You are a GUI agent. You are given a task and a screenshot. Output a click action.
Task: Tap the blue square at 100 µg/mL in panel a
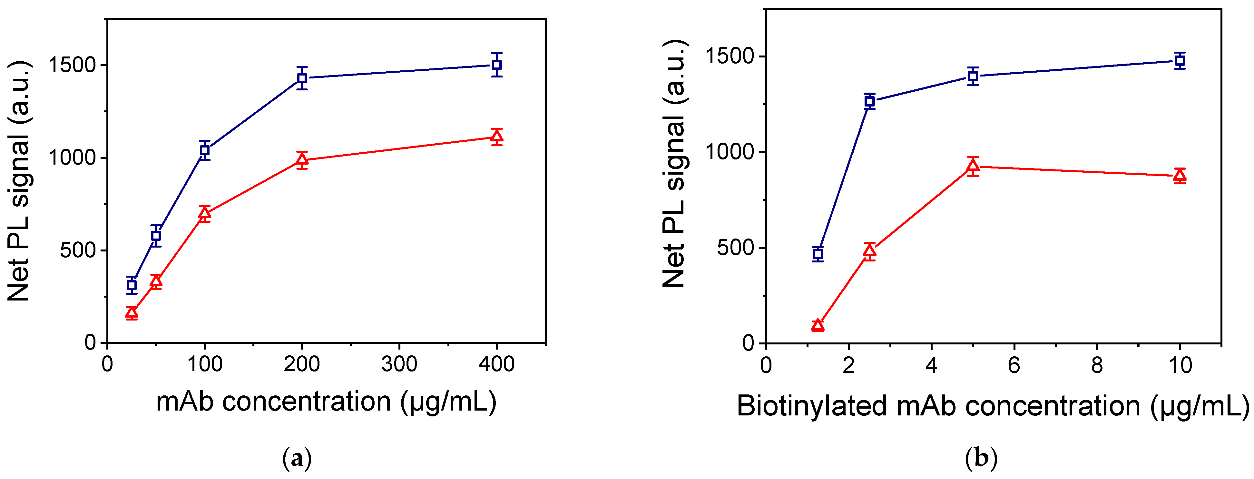[x=204, y=150]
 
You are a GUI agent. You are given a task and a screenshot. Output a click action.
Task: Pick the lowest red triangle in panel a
[x=132, y=312]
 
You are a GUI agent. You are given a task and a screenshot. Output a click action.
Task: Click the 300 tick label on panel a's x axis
[x=399, y=364]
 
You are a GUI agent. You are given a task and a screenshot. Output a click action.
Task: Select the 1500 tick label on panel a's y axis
[x=72, y=65]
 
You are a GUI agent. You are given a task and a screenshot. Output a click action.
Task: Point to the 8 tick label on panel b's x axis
[x=1097, y=365]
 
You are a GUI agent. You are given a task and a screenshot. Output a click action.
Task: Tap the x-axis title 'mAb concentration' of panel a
[x=273, y=402]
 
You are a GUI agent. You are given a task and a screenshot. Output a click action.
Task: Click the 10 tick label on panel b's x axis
[x=1180, y=365]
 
